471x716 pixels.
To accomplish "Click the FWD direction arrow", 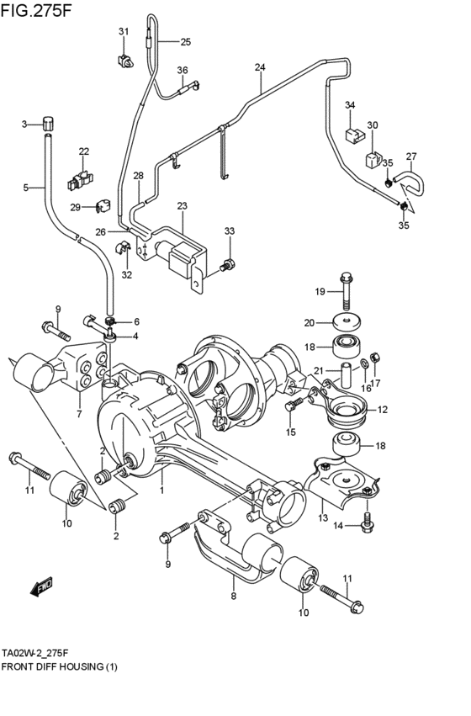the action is pos(41,587).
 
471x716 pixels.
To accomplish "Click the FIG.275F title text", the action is pos(36,10).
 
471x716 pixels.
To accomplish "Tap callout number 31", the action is pos(124,31).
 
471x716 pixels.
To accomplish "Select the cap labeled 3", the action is pos(49,124).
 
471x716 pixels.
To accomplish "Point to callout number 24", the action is pos(260,67).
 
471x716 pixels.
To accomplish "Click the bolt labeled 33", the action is pos(227,264).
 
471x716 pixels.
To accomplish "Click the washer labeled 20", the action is pos(346,323).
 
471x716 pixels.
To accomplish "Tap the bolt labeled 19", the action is pos(347,291).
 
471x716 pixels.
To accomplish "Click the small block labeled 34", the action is pos(354,135).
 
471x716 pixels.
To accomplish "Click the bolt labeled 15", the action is pos(293,405).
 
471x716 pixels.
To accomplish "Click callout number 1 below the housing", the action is pos(161,491).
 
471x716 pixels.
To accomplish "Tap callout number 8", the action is pos(233,596).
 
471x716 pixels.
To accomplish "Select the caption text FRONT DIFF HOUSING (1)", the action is pos(60,667).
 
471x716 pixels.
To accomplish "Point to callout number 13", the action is pos(323,517).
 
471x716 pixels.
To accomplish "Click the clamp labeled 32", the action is pos(122,249).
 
